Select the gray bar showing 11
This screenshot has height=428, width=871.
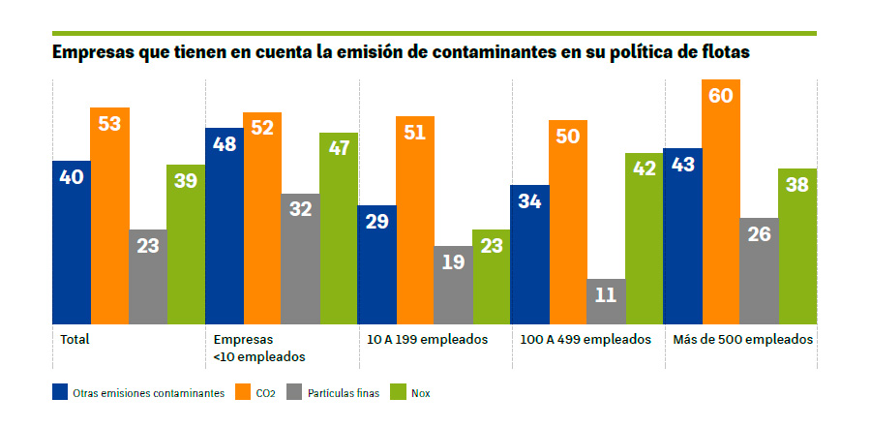coord(606,301)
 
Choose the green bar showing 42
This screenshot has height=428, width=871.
coord(644,238)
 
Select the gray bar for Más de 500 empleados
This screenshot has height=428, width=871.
coord(759,270)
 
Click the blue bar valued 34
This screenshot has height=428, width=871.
coord(529,254)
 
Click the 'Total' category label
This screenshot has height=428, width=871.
coord(75,340)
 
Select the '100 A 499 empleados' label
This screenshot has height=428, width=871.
coord(579,340)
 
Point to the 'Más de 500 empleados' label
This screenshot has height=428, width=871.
coord(737,340)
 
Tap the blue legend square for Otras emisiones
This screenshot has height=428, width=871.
coord(60,393)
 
